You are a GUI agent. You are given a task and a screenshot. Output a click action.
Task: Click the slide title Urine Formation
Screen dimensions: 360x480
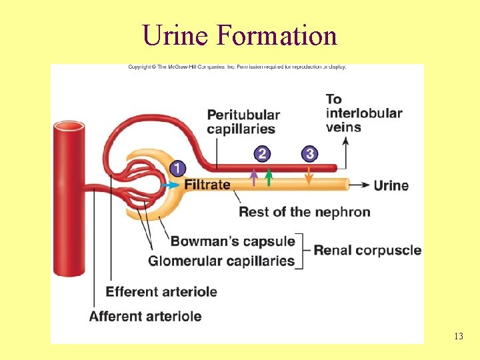pyautogui.click(x=240, y=35)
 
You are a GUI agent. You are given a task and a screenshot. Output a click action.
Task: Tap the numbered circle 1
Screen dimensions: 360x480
pyautogui.click(x=178, y=168)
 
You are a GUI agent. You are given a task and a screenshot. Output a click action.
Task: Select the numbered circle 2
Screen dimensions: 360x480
pyautogui.click(x=262, y=155)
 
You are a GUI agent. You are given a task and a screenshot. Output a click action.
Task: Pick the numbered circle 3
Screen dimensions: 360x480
pyautogui.click(x=309, y=155)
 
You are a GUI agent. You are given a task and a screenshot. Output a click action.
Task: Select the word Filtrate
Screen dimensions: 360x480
pyautogui.click(x=207, y=185)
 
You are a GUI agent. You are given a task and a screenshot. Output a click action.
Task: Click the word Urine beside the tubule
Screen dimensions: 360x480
pyautogui.click(x=391, y=185)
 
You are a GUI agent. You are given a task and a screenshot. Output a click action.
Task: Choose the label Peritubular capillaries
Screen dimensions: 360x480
pyautogui.click(x=243, y=121)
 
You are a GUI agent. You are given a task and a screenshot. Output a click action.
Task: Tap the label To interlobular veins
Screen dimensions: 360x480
pyautogui.click(x=363, y=113)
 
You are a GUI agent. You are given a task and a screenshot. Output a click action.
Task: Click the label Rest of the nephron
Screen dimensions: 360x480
pyautogui.click(x=304, y=212)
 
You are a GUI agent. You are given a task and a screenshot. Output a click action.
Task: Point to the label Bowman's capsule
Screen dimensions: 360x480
pyautogui.click(x=233, y=241)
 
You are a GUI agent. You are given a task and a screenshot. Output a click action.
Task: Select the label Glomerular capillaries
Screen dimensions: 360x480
pyautogui.click(x=221, y=261)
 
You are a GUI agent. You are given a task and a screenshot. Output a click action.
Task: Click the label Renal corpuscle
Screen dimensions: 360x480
pyautogui.click(x=367, y=251)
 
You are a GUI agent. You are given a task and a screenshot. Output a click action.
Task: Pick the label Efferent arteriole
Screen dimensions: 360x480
pyautogui.click(x=161, y=291)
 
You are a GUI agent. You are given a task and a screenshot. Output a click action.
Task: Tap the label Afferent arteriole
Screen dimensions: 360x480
pyautogui.click(x=145, y=315)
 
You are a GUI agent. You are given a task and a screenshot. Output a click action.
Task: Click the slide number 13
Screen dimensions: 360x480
pyautogui.click(x=458, y=336)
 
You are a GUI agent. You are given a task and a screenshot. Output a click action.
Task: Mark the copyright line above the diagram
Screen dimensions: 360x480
pyautogui.click(x=237, y=67)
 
